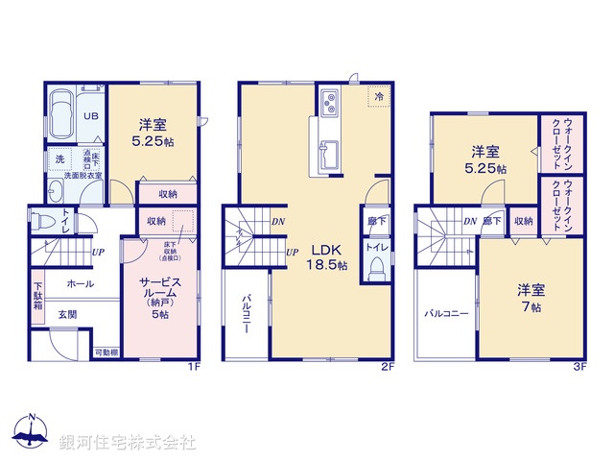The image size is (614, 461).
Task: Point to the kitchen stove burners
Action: coord(329,99)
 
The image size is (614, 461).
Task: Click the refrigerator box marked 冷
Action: coord(378,97)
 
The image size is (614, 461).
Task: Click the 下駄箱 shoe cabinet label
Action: coord(38,295)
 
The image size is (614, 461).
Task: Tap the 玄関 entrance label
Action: coord(67,313)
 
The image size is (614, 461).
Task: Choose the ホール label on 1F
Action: coord(81,284)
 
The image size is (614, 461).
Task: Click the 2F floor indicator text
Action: coord(387,366)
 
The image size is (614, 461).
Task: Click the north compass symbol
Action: coord(32,435)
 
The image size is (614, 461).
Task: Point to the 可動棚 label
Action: coord(106,353)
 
